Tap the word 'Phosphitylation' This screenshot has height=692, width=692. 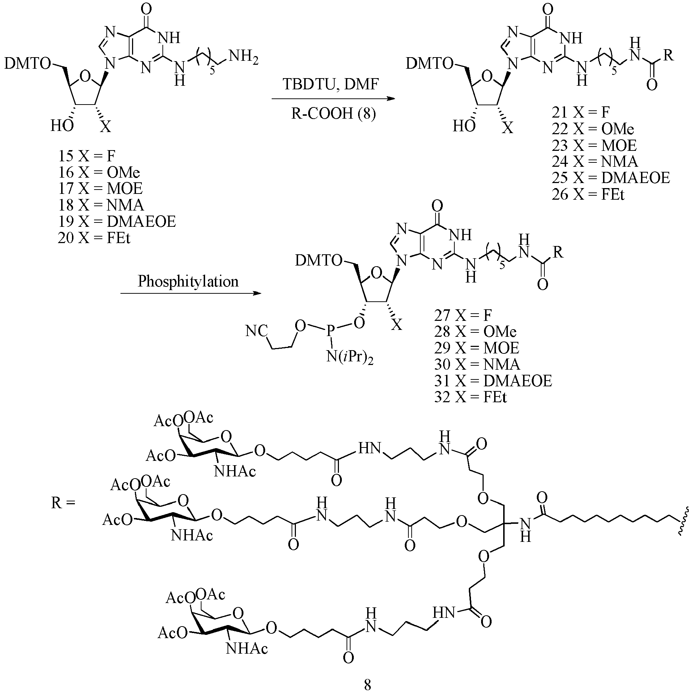(x=188, y=281)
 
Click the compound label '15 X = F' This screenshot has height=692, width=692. (x=86, y=156)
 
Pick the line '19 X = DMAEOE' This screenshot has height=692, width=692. (x=117, y=221)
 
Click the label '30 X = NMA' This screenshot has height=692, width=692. (x=477, y=364)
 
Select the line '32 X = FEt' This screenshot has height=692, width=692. (x=471, y=397)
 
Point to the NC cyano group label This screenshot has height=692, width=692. (x=256, y=331)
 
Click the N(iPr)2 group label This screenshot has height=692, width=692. (x=349, y=358)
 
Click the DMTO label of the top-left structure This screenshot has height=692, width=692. (x=28, y=64)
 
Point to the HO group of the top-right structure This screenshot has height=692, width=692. (x=464, y=126)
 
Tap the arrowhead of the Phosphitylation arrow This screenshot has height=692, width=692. (x=257, y=293)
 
